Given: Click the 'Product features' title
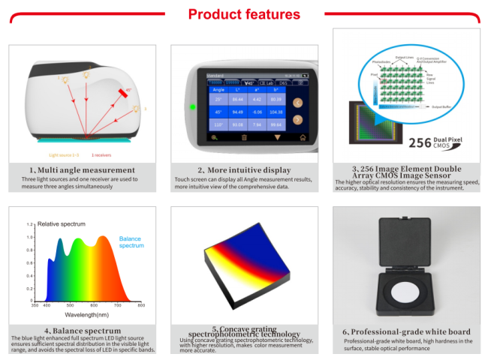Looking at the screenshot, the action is point(243,14).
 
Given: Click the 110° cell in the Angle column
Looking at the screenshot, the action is point(218,125).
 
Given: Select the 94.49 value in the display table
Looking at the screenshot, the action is point(239,112).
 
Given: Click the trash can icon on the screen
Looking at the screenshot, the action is point(243,138).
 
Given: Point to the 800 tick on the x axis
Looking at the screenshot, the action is point(140,306).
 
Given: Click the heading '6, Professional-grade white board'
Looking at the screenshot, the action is point(406,331).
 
